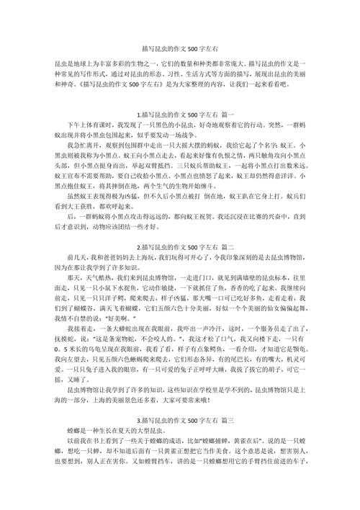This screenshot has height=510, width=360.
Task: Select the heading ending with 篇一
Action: pos(179,115)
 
